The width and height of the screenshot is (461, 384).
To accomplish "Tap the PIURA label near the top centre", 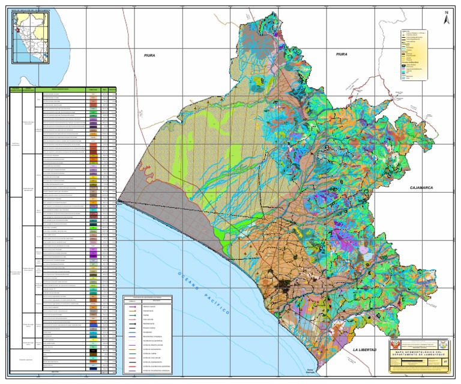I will (x=149, y=55).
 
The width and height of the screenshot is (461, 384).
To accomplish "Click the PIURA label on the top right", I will (x=342, y=54).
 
